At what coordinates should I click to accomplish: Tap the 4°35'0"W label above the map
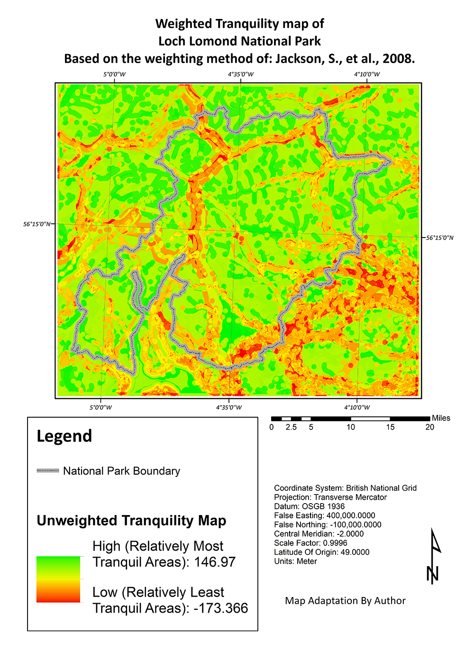[241, 74]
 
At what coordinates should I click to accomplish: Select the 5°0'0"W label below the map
[101, 407]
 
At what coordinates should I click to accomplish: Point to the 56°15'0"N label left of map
[36, 224]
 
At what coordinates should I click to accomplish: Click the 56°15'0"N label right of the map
[439, 238]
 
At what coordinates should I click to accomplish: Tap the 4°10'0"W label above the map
[367, 74]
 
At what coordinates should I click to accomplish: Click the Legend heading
[64, 436]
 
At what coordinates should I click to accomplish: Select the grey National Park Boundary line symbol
[48, 471]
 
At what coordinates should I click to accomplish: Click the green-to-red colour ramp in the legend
[58, 579]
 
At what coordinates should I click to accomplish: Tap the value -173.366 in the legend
[220, 608]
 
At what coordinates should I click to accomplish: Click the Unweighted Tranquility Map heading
[131, 521]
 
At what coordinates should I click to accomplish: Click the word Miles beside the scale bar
[441, 418]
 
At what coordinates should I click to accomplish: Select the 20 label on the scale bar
[429, 427]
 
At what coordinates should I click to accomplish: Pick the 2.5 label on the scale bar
[291, 427]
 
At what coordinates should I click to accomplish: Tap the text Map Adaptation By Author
[345, 601]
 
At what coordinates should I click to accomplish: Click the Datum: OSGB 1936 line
[309, 506]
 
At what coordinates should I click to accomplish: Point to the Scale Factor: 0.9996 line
[310, 543]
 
